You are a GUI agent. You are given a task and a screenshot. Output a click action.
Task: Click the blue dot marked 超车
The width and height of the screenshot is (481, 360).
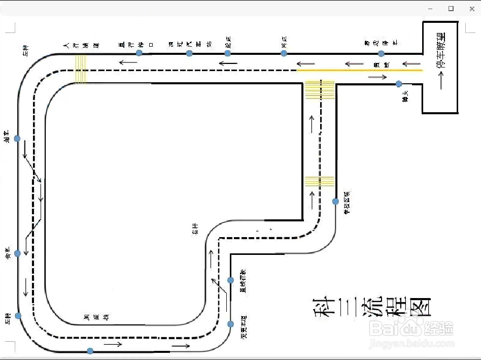17,139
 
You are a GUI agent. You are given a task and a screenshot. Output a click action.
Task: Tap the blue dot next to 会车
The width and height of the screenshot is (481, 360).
17,253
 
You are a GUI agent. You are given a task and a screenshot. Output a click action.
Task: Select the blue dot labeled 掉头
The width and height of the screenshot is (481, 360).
399,84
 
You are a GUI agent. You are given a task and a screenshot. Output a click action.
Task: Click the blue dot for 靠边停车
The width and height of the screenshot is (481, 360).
382,53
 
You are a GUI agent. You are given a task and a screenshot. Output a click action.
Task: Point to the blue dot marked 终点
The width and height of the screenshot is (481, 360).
284,53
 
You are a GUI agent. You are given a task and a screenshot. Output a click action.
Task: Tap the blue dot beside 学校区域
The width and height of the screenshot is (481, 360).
335,202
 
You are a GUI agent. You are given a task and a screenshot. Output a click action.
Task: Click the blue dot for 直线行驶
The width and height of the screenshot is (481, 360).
230,280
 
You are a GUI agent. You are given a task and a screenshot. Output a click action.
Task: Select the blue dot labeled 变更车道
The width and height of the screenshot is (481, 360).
230,324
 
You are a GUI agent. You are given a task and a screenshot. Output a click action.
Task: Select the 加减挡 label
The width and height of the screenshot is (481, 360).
96,317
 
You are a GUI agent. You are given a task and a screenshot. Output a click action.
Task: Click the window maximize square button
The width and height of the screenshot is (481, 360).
451,9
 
